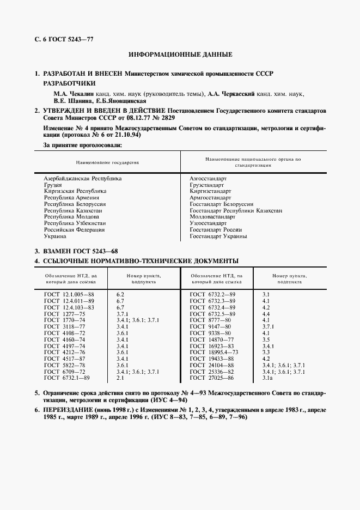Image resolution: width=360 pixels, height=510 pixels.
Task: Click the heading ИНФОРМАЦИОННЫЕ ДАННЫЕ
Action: (180, 54)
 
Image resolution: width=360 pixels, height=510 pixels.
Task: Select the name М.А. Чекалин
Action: (70, 94)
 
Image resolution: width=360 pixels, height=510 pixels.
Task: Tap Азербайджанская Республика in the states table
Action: (82, 178)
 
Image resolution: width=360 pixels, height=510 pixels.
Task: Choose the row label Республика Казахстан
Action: (72, 210)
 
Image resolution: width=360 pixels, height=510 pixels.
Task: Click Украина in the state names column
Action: (55, 236)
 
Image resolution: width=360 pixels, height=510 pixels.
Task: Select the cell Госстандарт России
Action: (215, 230)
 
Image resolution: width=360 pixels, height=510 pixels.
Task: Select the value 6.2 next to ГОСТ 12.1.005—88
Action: (120, 294)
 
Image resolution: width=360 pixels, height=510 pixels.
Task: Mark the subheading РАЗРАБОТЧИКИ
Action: (69, 83)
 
